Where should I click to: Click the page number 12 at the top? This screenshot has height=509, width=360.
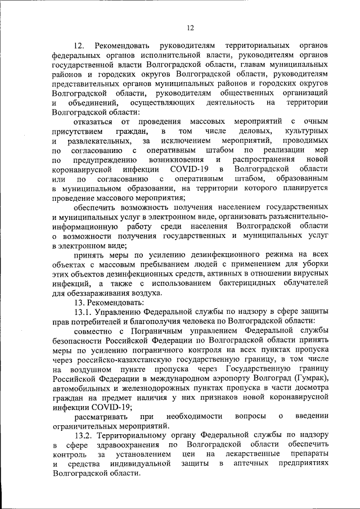click(x=190, y=28)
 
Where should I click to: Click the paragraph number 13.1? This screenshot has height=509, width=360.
click(x=83, y=312)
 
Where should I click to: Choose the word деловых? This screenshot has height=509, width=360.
click(x=255, y=131)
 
